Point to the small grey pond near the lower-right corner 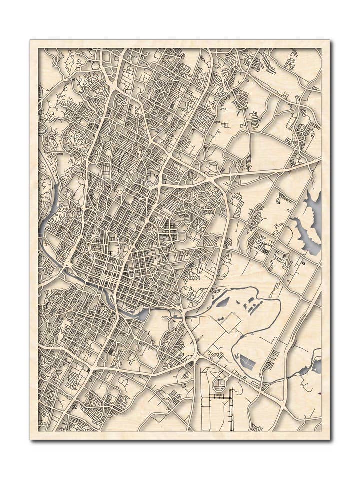(x=316, y=366)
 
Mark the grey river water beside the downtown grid (x=139, y=314)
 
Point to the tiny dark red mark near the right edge (x=318, y=393)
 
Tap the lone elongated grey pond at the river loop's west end (x=222, y=302)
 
